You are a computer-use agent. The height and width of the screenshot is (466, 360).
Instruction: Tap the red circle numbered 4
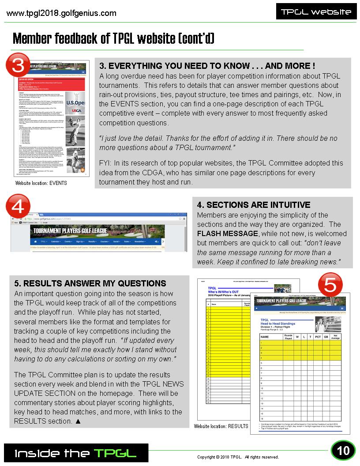(18, 207)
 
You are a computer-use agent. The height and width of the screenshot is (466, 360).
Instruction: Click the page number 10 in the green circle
(343, 451)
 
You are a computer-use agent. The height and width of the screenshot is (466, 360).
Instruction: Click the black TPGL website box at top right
(316, 12)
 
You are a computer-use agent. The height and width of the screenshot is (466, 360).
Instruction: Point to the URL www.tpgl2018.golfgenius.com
(62, 13)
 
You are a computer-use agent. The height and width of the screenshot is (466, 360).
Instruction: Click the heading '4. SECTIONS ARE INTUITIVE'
(254, 205)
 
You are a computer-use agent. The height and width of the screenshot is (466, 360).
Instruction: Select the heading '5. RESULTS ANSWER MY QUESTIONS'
(90, 283)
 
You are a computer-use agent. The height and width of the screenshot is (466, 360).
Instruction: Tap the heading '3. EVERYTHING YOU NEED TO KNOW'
(207, 66)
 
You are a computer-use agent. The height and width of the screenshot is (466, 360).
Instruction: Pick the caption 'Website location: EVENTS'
(41, 183)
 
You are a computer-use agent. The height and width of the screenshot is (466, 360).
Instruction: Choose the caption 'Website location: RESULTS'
(221, 426)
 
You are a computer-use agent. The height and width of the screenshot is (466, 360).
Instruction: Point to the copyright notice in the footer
(238, 457)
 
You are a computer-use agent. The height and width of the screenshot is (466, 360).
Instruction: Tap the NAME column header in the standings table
(265, 337)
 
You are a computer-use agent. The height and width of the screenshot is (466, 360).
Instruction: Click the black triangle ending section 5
(78, 421)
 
